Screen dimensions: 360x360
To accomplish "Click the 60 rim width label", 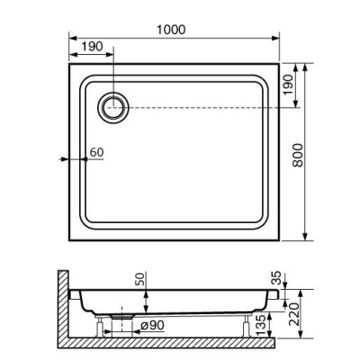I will click(x=97, y=151).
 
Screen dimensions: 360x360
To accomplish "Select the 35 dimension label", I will click(x=276, y=277).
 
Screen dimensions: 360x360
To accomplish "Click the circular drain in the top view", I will click(x=115, y=108).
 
